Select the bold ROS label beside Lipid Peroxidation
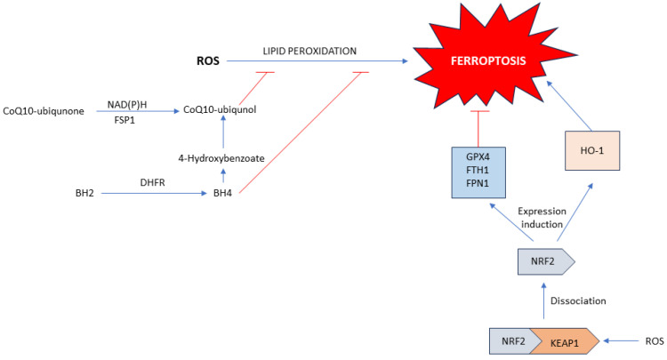click(207, 61)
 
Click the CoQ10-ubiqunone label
click(44, 109)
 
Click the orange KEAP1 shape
click(567, 340)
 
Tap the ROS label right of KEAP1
click(653, 340)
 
